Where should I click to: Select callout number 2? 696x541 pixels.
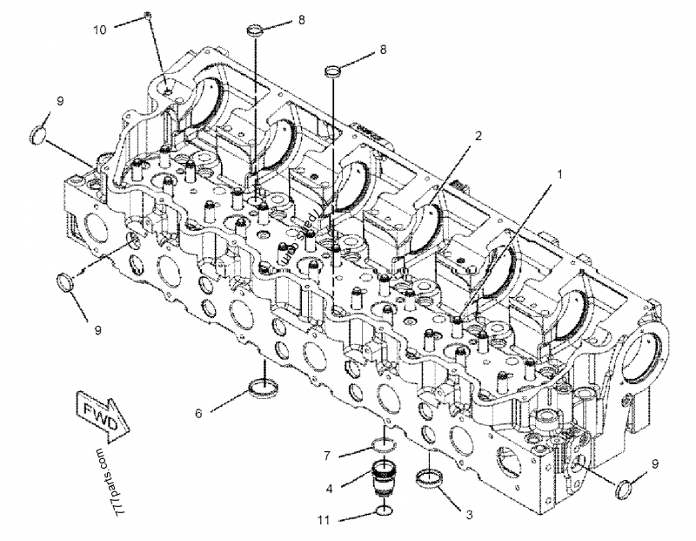[x=478, y=136]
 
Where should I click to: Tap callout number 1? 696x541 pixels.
[x=560, y=173]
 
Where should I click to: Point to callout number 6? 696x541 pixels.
[x=198, y=413]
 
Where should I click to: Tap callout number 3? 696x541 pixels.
[x=469, y=515]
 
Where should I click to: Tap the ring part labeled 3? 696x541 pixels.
[x=429, y=477]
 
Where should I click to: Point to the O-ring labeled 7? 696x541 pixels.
[x=383, y=445]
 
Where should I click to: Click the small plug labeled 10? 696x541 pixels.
[x=149, y=16]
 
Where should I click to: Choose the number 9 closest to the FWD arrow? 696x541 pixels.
[x=97, y=330]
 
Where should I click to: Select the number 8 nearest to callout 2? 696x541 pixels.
[x=382, y=51]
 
